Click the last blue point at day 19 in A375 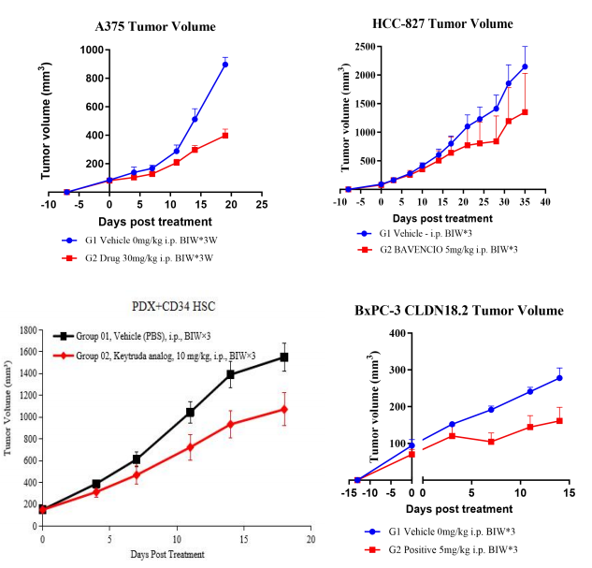[x=225, y=65]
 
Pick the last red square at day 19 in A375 [x=225, y=135]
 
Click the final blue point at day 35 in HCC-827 [x=525, y=66]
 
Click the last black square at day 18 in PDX [x=283, y=357]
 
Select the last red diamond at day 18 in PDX [x=283, y=409]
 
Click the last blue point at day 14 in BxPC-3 [x=558, y=377]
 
